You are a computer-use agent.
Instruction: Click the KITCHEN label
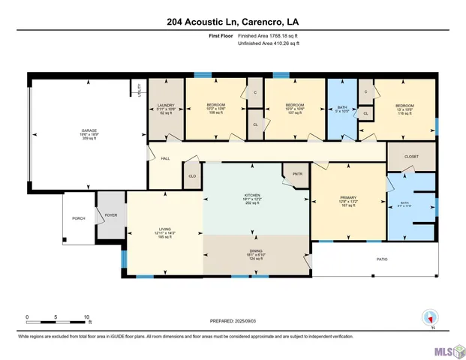[x=251, y=196]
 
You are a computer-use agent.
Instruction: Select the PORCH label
[x=78, y=218]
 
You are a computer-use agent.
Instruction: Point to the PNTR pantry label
[x=297, y=174]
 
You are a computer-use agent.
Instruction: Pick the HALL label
[x=166, y=159]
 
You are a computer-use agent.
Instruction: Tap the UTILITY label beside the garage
[x=140, y=90]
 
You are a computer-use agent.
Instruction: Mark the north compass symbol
[x=430, y=318]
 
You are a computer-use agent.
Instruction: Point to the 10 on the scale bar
[x=87, y=316]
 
